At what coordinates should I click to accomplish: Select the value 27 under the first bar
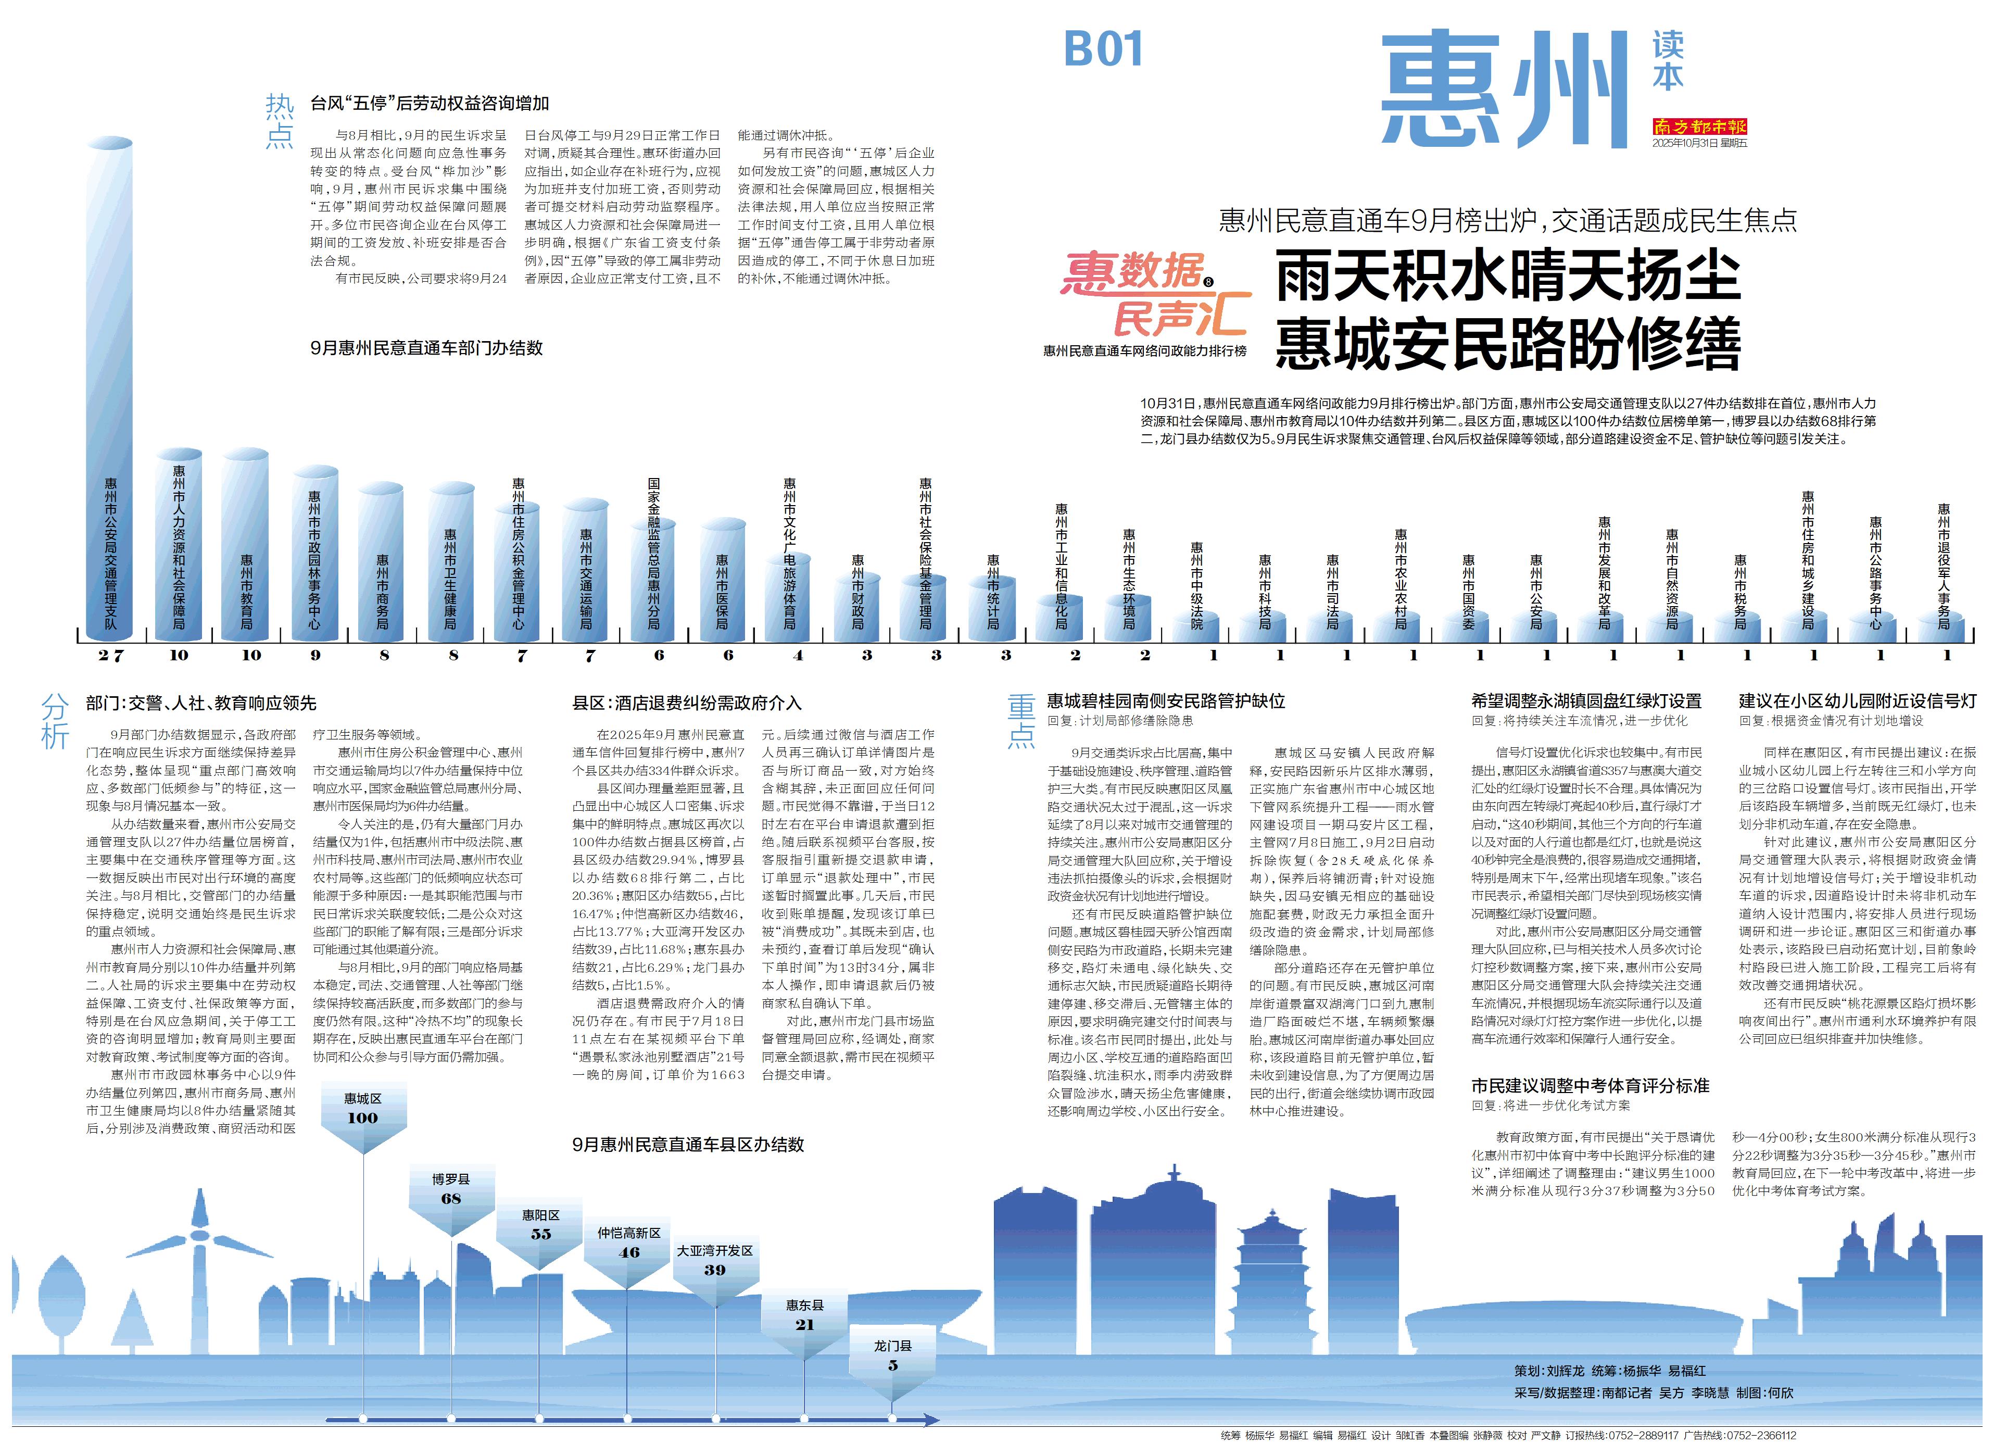click(x=111, y=655)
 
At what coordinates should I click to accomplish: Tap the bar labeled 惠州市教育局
click(x=246, y=546)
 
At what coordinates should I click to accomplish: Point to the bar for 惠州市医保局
click(x=723, y=582)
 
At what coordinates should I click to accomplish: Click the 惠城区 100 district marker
click(x=362, y=1111)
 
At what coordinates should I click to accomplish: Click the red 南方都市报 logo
click(x=1699, y=127)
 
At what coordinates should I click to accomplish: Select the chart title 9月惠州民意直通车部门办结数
click(x=426, y=348)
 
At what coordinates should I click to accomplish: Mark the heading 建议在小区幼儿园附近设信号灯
click(x=1857, y=701)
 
